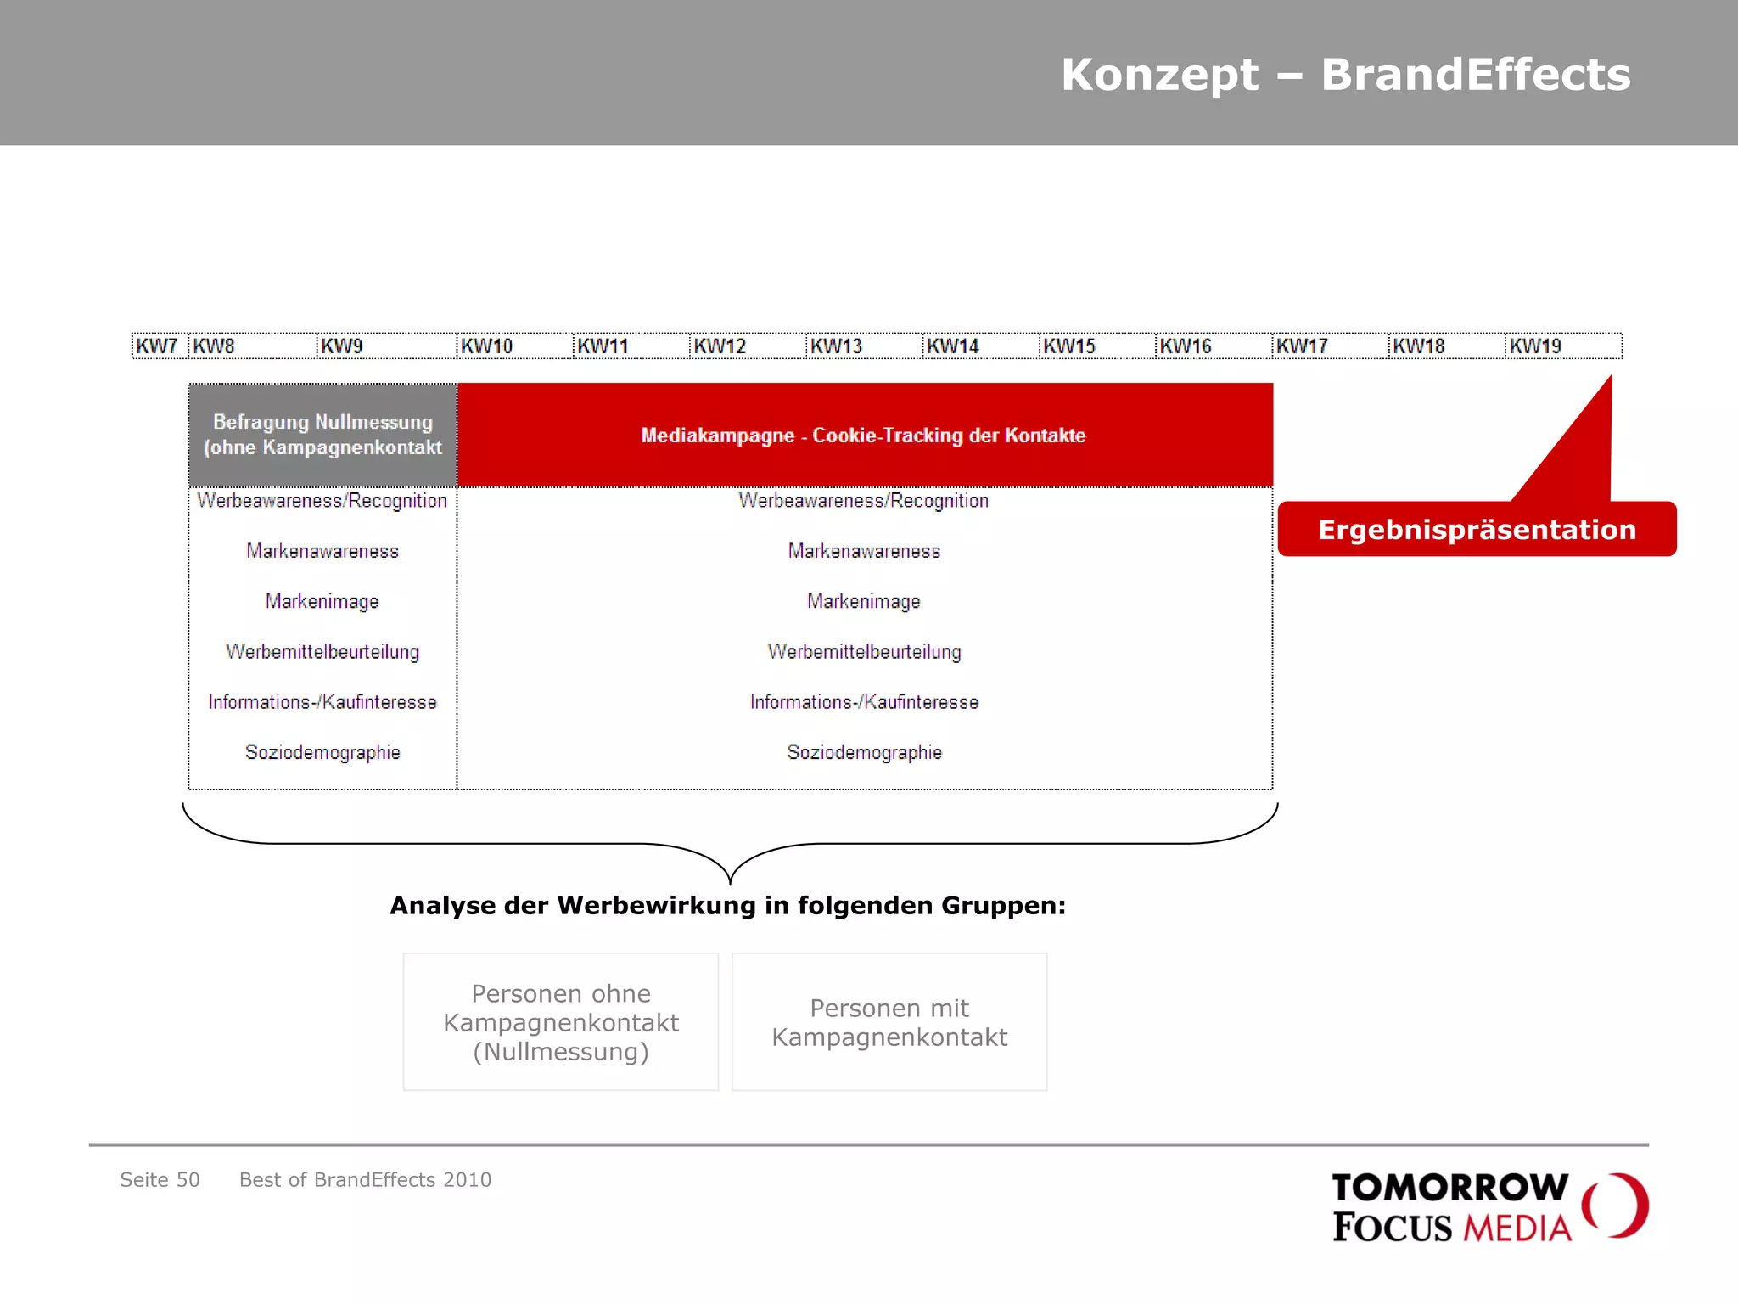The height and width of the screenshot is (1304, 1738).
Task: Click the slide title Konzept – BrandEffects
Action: pos(1345,75)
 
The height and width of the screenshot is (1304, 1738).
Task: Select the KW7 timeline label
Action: pos(157,346)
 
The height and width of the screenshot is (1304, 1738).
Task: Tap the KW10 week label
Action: pos(486,346)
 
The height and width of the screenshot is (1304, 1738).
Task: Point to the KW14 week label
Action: pos(952,346)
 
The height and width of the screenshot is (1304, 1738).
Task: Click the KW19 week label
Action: pos(1535,346)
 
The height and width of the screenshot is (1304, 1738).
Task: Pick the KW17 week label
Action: pos(1302,346)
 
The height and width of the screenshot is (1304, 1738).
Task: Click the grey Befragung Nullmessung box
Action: pos(322,435)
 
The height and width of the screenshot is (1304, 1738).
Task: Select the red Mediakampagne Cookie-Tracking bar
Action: pos(864,435)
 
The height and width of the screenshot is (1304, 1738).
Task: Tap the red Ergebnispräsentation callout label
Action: pos(1477,529)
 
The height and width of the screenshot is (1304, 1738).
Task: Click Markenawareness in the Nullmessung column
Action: pos(322,551)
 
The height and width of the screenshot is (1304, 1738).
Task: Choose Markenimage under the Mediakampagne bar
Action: pos(864,601)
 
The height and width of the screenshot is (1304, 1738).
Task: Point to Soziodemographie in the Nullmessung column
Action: pos(322,752)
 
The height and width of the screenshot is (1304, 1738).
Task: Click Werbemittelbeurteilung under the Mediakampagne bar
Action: pos(864,651)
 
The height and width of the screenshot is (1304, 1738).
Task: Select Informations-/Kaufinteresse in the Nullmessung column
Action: pos(322,702)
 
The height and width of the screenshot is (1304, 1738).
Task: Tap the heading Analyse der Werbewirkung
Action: pos(727,905)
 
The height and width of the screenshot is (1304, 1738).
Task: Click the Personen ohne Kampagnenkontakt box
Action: pos(561,1022)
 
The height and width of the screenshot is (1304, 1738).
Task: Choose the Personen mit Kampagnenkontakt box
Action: pos(889,1022)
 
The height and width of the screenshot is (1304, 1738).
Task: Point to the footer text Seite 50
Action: pos(160,1179)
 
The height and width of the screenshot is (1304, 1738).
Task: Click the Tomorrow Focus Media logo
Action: pos(1489,1207)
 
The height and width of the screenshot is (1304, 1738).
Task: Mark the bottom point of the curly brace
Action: pos(730,883)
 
